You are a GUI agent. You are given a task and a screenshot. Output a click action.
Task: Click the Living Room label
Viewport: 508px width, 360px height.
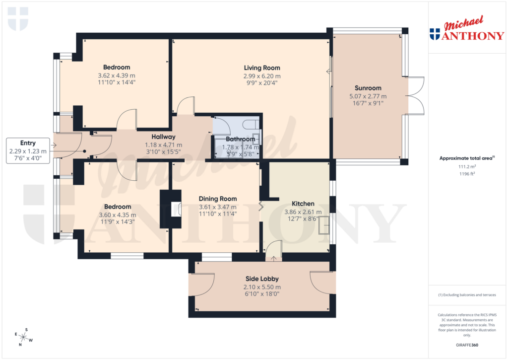click(x=262, y=68)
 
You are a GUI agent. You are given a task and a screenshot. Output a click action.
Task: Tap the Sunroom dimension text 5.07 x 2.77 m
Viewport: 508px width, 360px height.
click(x=368, y=96)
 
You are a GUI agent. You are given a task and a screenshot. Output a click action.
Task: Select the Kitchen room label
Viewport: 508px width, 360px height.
click(x=303, y=204)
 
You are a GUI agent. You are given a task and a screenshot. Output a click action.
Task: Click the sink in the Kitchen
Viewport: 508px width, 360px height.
click(x=325, y=224)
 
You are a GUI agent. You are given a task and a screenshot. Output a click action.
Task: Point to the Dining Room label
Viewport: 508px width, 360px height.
click(x=218, y=199)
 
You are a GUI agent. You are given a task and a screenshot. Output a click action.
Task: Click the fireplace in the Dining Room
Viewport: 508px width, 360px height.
click(x=175, y=210)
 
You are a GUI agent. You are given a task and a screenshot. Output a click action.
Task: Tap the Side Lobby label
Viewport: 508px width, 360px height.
click(x=262, y=279)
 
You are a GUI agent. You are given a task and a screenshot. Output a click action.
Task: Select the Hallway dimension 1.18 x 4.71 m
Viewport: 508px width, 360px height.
click(x=163, y=145)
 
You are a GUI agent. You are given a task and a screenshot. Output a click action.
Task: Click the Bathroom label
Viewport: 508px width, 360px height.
click(x=240, y=140)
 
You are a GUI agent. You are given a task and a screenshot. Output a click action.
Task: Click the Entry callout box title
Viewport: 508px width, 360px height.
click(x=28, y=143)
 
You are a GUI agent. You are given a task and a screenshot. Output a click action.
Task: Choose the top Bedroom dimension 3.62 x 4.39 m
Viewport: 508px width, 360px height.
click(x=117, y=76)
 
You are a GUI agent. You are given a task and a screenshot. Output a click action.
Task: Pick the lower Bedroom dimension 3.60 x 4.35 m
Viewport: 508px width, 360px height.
click(x=117, y=215)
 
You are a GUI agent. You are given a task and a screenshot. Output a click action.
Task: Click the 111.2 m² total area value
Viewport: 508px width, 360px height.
click(x=466, y=167)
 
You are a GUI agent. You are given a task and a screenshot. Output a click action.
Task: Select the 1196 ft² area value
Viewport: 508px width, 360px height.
click(x=466, y=174)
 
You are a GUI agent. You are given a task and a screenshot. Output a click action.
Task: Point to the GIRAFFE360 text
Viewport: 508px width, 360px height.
click(x=466, y=345)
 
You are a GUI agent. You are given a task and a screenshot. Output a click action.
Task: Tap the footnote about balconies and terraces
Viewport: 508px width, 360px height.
click(x=466, y=295)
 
